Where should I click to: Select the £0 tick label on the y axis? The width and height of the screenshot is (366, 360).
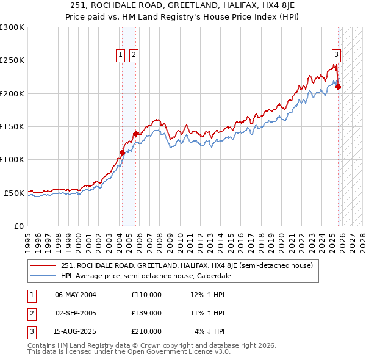[19, 226]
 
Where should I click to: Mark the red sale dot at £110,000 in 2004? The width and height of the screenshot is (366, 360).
[122, 153]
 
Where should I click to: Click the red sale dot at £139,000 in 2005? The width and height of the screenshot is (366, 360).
[135, 134]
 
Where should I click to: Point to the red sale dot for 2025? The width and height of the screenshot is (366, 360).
[339, 87]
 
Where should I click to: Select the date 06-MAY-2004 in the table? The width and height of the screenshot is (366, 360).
[76, 295]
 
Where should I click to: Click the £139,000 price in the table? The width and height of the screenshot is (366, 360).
[146, 313]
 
